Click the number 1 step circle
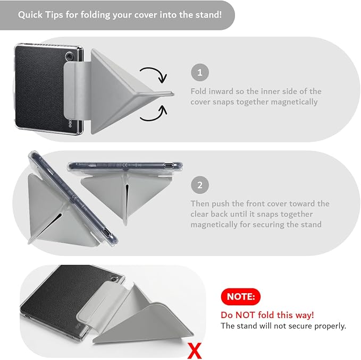(x=200, y=72)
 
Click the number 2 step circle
(x=200, y=185)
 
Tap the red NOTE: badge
(x=241, y=297)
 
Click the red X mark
(x=195, y=351)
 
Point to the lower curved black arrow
(x=156, y=115)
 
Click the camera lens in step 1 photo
(x=70, y=56)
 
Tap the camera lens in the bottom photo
(x=113, y=279)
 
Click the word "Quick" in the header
(x=30, y=15)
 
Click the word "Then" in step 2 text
(x=200, y=204)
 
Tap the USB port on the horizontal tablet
(x=169, y=165)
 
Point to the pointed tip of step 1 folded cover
(x=173, y=93)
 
